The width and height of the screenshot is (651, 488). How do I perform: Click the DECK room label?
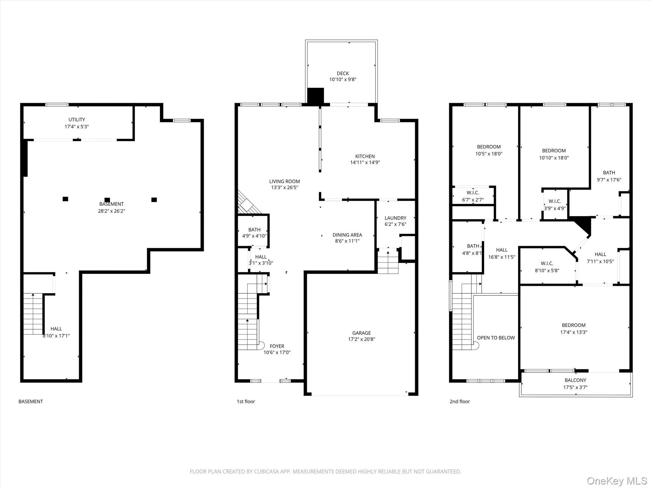coord(343,73)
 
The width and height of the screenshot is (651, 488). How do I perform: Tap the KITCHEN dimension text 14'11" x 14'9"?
coord(365,162)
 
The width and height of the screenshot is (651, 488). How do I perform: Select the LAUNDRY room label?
coord(395,218)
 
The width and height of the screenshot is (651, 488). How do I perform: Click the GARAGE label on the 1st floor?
coord(361,333)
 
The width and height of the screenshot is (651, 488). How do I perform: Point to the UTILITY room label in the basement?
coord(77,119)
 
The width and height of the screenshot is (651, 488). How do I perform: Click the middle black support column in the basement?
coord(107,200)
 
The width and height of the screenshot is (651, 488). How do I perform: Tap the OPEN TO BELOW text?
coord(496,338)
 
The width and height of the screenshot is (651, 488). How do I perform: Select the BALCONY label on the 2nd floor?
coord(575,380)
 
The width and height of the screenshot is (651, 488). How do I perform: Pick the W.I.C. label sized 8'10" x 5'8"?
coord(547,263)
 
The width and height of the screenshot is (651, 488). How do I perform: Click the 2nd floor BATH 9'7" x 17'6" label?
coord(609,173)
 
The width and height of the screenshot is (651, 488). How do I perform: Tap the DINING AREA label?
coord(347,235)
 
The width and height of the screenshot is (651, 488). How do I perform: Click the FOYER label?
coord(277,346)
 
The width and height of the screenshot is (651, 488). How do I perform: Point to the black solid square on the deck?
coord(315,95)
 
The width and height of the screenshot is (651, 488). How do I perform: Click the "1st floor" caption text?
coord(246,402)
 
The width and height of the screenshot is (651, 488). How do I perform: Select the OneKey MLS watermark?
coord(617,481)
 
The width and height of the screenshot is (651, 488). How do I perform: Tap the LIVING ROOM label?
coord(284,181)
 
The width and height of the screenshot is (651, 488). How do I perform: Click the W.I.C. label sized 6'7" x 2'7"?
coord(473,193)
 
